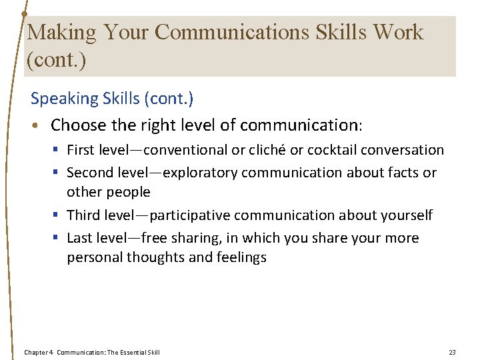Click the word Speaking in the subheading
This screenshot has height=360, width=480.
(x=64, y=99)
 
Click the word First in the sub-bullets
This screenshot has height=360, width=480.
(x=80, y=150)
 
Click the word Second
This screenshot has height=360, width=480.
(x=89, y=173)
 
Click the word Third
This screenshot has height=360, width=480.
(x=83, y=215)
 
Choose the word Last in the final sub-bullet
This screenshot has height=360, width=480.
(x=79, y=238)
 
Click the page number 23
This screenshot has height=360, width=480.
(x=452, y=352)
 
